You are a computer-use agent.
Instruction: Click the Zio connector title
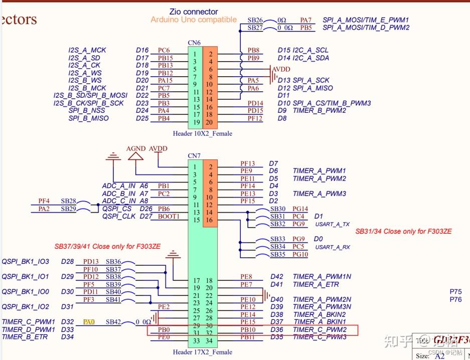coord(194,12)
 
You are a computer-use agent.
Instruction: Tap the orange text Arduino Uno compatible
coord(194,20)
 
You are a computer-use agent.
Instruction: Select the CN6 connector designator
coord(194,43)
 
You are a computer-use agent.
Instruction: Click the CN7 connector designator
coord(194,156)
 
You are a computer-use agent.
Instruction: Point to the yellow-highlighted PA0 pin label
coord(89,322)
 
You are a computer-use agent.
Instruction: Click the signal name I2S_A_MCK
coord(87,50)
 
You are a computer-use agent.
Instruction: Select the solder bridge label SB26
coord(255,20)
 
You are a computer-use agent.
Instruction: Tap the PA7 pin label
coord(306,20)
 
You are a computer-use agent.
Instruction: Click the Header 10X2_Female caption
coord(202,133)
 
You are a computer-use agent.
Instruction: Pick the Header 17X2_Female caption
coord(202,352)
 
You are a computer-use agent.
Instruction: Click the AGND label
coord(135,149)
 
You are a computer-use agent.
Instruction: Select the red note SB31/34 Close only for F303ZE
coord(403,231)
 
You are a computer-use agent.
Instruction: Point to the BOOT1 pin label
coord(169,216)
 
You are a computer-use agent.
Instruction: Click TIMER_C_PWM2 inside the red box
coord(320,330)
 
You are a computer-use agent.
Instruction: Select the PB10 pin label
coord(248,330)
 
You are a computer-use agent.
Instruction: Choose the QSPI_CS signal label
coord(117,209)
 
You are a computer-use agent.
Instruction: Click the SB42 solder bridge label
coord(113,322)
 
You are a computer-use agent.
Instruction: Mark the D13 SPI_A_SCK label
coord(303,80)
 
